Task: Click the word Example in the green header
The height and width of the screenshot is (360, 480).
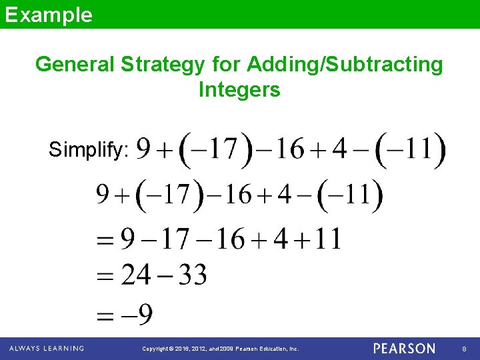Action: pos(48,15)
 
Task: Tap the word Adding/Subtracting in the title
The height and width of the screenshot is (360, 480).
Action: pos(345,65)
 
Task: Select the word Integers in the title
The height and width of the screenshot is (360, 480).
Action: pos(239,89)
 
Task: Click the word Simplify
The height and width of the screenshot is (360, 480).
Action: pos(89,150)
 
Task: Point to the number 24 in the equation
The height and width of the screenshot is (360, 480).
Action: pos(136,275)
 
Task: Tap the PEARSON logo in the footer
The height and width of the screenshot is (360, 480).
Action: pos(404,349)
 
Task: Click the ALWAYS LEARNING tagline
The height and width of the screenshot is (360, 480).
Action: pos(47,349)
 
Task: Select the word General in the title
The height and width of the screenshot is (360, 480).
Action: pos(75,65)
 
